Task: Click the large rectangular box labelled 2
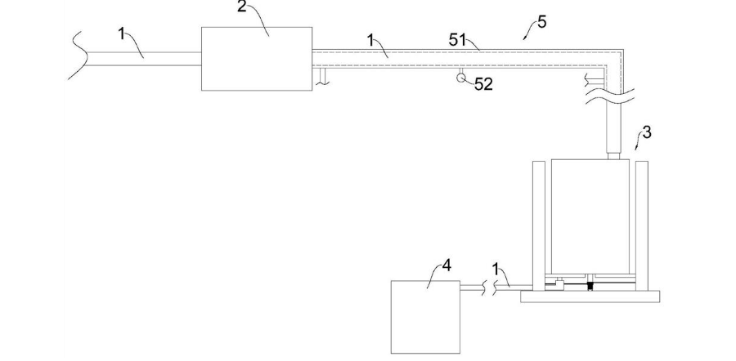256,58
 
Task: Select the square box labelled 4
425,316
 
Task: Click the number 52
483,84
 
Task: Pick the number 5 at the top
541,21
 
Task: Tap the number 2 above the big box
242,7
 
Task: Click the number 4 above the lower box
447,265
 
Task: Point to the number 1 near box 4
496,268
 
